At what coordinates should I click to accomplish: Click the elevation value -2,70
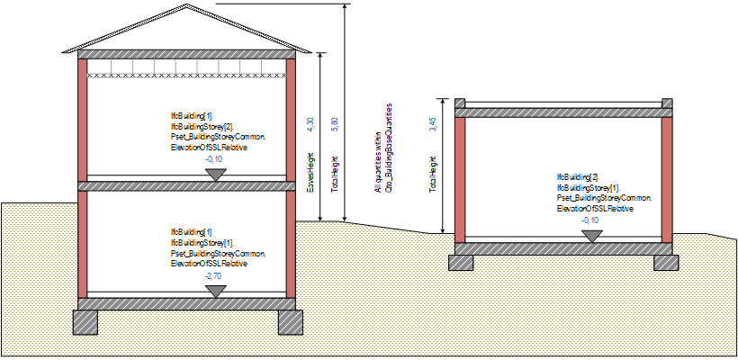(x=214, y=275)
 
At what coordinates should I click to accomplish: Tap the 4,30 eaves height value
(x=310, y=125)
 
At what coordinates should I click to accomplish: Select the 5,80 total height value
(x=335, y=125)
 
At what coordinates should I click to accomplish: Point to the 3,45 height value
(x=433, y=125)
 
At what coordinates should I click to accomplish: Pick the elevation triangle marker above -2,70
(x=214, y=290)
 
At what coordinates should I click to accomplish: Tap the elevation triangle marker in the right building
(x=591, y=235)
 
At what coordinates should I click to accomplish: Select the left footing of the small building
(x=461, y=261)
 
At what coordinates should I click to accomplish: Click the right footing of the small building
(x=667, y=261)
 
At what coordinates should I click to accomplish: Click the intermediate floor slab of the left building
(x=187, y=185)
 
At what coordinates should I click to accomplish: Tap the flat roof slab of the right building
(x=563, y=112)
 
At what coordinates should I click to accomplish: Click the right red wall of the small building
(x=667, y=179)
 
